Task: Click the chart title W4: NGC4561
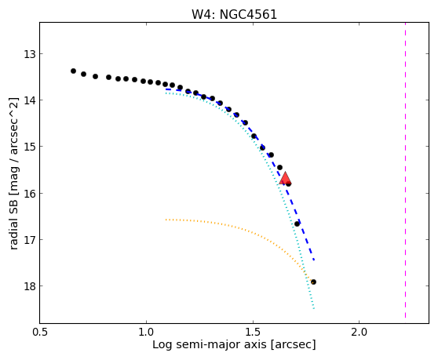[234, 14]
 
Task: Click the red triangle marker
[285, 179]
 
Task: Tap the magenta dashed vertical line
[405, 170]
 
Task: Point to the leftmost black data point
[73, 71]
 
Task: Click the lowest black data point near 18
[313, 282]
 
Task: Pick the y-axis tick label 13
[30, 54]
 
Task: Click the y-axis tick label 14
[30, 100]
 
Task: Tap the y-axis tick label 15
[30, 147]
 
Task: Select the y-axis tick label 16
[30, 193]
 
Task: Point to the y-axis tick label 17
[30, 240]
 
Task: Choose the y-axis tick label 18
[30, 286]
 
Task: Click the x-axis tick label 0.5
[40, 332]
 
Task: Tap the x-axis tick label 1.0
[146, 332]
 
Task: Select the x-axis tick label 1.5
[253, 332]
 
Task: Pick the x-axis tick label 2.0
[360, 332]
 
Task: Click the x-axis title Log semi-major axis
[210, 344]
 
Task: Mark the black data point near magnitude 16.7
[297, 224]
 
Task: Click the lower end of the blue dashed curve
[314, 260]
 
